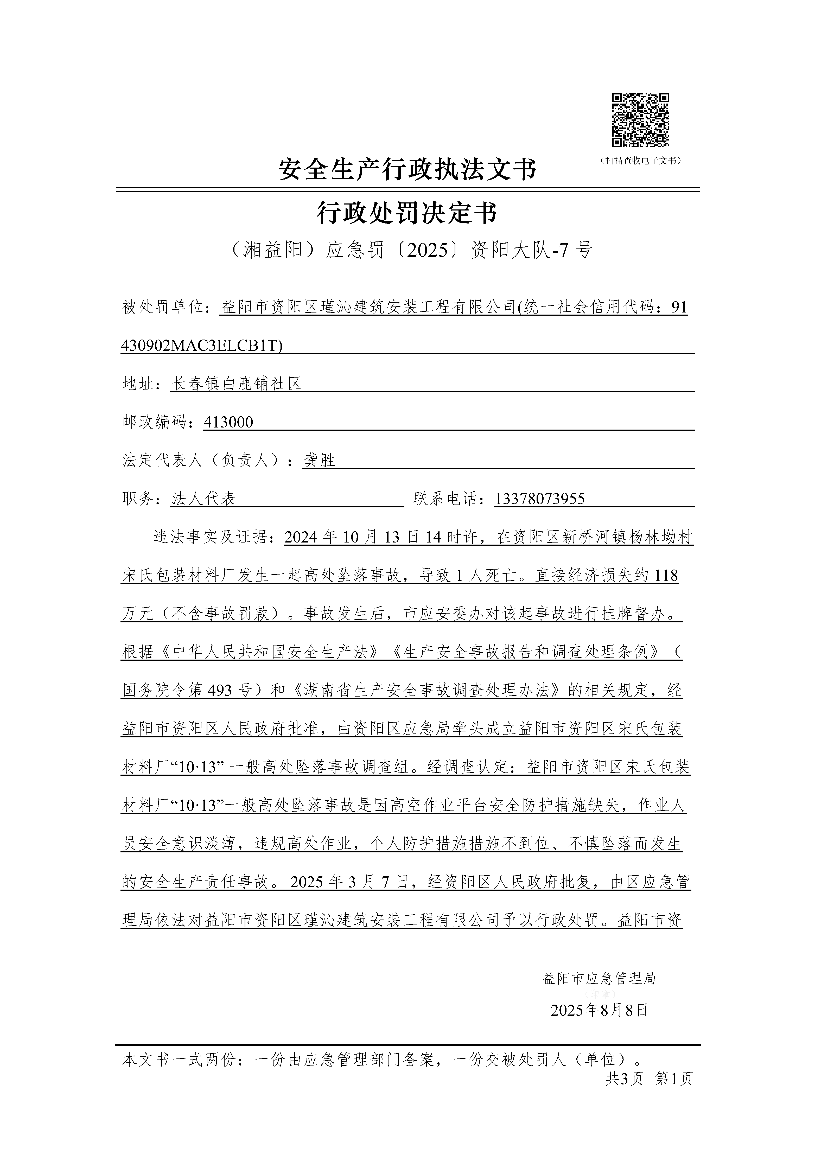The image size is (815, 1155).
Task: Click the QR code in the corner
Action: pos(640,121)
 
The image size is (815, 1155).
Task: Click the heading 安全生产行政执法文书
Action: pos(407,170)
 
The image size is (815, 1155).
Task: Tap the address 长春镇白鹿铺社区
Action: pos(237,384)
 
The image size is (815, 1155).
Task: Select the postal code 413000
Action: pos(228,423)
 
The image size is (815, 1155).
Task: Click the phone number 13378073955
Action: pos(540,499)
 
